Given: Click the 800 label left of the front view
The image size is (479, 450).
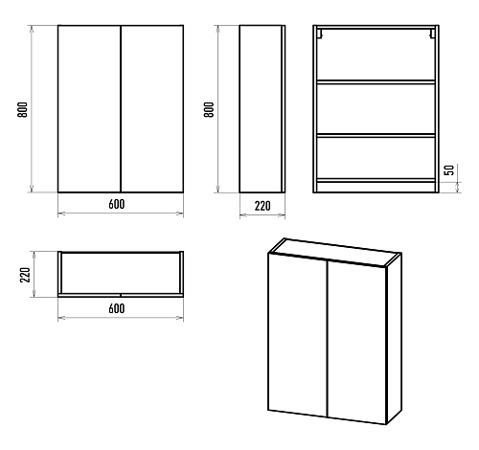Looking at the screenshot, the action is [x=22, y=110].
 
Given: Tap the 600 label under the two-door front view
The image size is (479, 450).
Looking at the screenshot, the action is [x=117, y=204].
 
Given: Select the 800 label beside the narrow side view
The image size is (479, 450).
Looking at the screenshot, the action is [x=209, y=110].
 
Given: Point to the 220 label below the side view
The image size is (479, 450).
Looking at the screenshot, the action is [x=262, y=206].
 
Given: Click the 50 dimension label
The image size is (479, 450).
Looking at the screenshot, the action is [x=449, y=169].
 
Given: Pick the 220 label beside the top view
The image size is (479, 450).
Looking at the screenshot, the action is [x=25, y=275].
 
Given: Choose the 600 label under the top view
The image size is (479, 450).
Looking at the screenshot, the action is [x=117, y=308].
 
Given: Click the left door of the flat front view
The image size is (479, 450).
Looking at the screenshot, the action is [x=89, y=109].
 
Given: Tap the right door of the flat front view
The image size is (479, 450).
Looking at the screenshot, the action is [x=152, y=109].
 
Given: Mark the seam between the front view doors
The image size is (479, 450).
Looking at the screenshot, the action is [x=121, y=109].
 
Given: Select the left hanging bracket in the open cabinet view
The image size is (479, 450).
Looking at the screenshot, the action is [x=319, y=34].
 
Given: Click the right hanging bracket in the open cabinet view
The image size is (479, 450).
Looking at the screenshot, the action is [x=432, y=34].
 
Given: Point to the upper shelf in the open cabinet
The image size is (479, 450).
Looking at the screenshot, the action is [x=376, y=82].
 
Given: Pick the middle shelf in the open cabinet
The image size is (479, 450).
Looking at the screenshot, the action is [x=376, y=135].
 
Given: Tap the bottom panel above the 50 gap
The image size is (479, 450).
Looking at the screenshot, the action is [x=376, y=180].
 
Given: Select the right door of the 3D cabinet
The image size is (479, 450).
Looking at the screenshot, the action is [x=356, y=343].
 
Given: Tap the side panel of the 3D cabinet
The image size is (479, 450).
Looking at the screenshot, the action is [x=394, y=339].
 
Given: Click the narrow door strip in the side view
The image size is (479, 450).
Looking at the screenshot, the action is [x=283, y=109].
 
